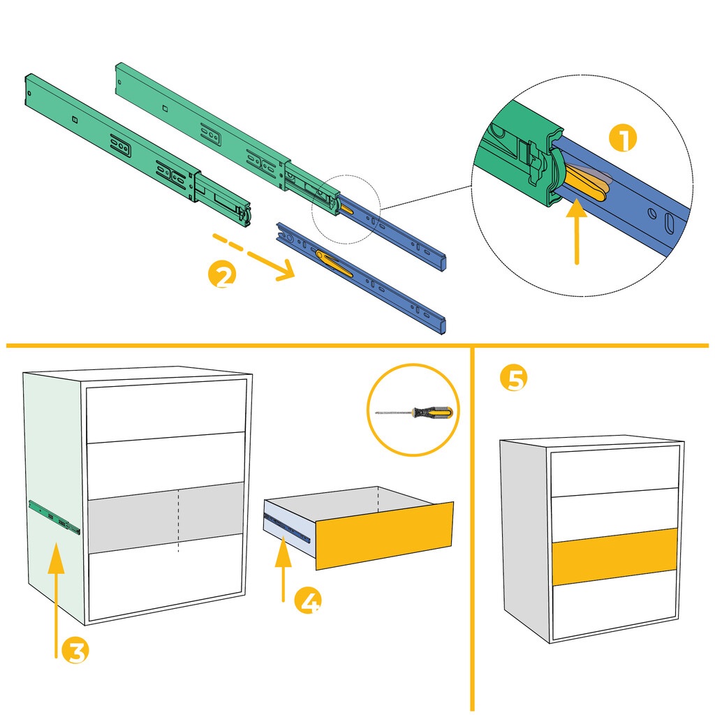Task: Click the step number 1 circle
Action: click(x=623, y=138)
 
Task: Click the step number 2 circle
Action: click(x=223, y=274)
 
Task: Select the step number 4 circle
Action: click(x=307, y=601)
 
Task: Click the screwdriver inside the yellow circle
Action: click(x=414, y=413)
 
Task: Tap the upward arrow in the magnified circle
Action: click(x=577, y=230)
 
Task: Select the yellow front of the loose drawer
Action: click(x=384, y=533)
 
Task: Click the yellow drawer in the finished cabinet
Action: click(x=614, y=556)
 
